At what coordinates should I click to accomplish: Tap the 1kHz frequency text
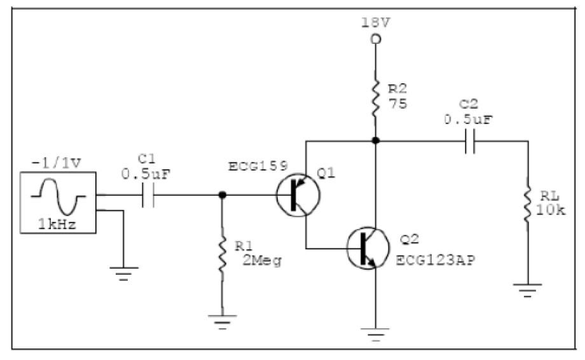[x=59, y=224]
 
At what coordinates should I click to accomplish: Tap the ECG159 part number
[x=249, y=167]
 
